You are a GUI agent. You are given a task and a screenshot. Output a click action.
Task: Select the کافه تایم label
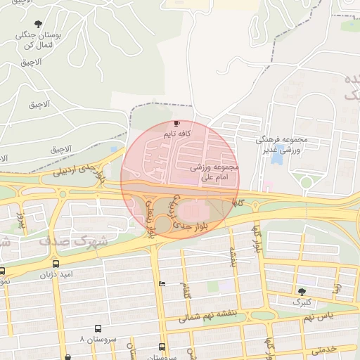[177, 133]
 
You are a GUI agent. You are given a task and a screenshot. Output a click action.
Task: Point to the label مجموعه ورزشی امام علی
[215, 173]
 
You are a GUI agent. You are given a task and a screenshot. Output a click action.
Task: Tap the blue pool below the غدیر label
[276, 158]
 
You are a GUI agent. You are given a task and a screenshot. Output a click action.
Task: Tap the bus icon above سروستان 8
[98, 328]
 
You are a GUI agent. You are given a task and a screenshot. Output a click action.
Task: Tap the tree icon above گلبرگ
[302, 291]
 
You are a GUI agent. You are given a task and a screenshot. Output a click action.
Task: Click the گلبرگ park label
[306, 302]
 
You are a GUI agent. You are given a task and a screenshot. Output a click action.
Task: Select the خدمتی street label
[326, 349]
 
